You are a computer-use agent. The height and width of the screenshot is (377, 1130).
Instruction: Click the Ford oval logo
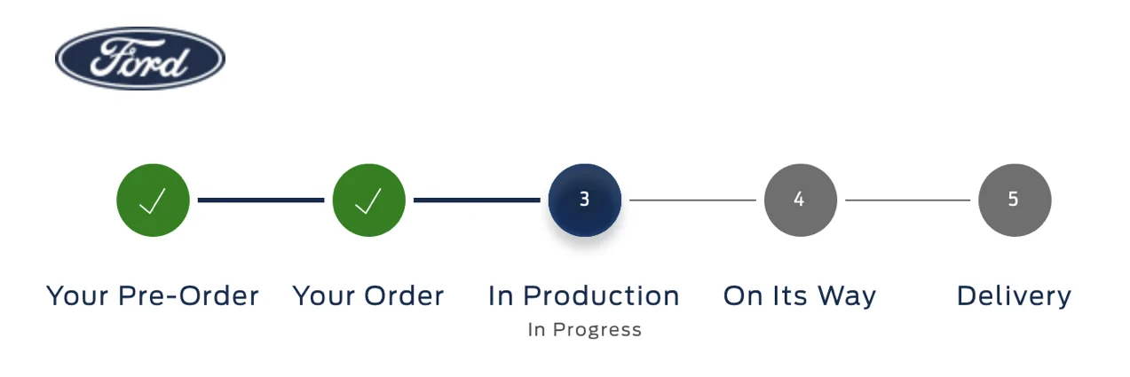point(140,59)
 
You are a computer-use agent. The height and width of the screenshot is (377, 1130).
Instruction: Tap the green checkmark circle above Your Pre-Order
point(153,200)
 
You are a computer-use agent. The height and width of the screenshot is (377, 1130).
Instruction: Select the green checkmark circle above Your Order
point(368,200)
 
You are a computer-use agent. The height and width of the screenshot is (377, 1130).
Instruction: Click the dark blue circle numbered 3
point(585,200)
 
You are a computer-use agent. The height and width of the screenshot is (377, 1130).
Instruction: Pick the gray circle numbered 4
point(801,200)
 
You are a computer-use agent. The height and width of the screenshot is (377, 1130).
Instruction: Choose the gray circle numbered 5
point(1015,200)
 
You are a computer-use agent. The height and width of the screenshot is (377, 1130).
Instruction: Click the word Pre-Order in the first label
point(188,296)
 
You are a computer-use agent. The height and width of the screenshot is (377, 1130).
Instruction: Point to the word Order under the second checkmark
point(404,296)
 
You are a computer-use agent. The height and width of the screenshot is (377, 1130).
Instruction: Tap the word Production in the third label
point(601,296)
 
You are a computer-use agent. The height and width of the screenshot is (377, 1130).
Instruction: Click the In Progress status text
point(585,330)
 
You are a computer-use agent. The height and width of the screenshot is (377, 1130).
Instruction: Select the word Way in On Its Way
point(847,297)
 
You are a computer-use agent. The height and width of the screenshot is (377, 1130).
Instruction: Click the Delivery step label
point(1014,297)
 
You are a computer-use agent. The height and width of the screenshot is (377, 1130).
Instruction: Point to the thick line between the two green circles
point(261,200)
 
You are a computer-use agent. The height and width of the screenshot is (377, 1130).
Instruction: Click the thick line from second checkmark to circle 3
point(477,200)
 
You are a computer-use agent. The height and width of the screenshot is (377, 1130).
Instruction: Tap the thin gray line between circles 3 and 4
point(692,200)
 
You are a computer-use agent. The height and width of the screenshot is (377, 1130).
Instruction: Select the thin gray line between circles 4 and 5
point(907,200)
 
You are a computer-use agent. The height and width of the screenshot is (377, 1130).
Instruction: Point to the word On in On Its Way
point(741,296)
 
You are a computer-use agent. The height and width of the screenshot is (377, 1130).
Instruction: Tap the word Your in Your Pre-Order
point(76,296)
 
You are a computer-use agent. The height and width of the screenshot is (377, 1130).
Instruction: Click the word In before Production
point(501,296)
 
